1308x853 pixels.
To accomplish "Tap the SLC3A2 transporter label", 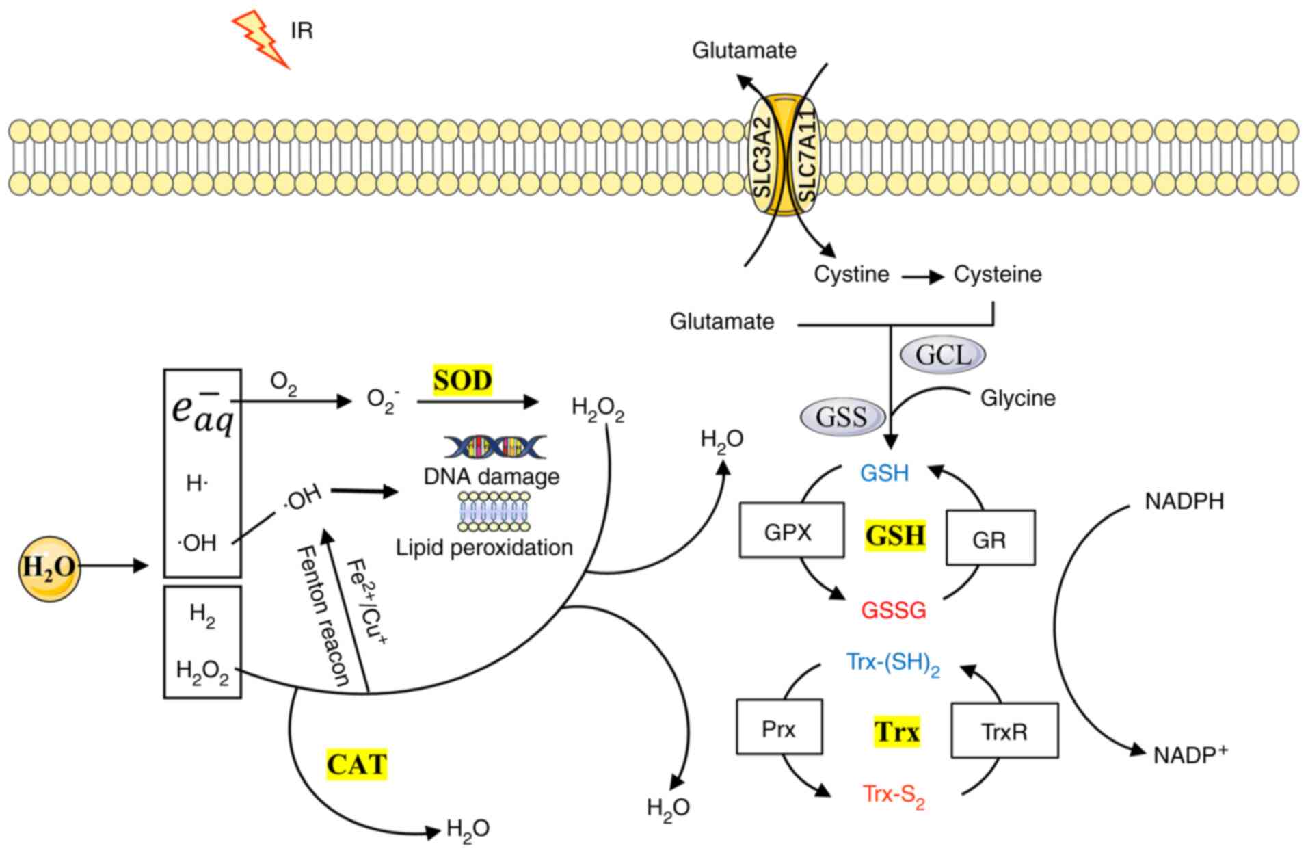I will click(762, 157).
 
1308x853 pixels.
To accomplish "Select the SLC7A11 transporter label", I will click(807, 155).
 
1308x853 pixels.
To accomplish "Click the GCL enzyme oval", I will click(943, 355).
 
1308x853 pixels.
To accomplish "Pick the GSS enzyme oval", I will click(842, 417).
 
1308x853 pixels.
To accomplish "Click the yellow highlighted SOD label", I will click(462, 380).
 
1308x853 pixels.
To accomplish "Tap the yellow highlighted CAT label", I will click(356, 764).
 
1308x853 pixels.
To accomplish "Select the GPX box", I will click(791, 531).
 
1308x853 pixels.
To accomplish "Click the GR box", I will click(989, 538).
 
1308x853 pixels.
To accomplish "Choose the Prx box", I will click(779, 728).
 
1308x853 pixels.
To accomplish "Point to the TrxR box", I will click(1004, 731).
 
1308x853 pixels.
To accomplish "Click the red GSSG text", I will click(893, 609).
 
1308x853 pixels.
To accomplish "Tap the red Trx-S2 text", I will click(893, 795).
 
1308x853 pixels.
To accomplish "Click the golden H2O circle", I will click(49, 568).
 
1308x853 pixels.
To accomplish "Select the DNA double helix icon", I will click(495, 447).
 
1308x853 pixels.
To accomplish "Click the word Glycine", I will click(1017, 397).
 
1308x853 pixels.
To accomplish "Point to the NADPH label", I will click(1184, 501).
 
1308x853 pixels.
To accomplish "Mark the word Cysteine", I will click(997, 274).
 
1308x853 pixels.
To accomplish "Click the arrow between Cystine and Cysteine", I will click(922, 277).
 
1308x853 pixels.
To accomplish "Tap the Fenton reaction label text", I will click(323, 616).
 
